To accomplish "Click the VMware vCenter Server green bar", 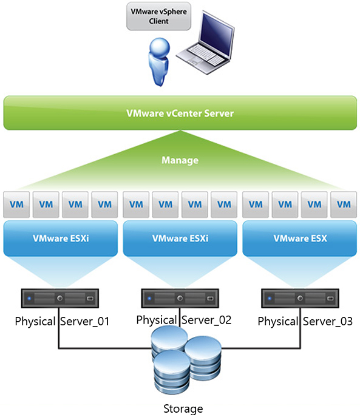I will [180, 113].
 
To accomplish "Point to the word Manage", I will [180, 161].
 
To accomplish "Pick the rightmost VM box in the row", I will [344, 205].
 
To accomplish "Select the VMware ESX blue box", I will [299, 239].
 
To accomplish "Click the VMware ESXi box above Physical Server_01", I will [59, 239].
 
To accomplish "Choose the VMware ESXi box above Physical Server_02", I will [179, 239].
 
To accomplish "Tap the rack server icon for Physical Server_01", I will [59, 299].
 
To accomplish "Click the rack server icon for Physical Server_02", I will [179, 299].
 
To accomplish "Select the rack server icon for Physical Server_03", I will [299, 299].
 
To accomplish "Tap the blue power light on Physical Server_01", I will [29, 299].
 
